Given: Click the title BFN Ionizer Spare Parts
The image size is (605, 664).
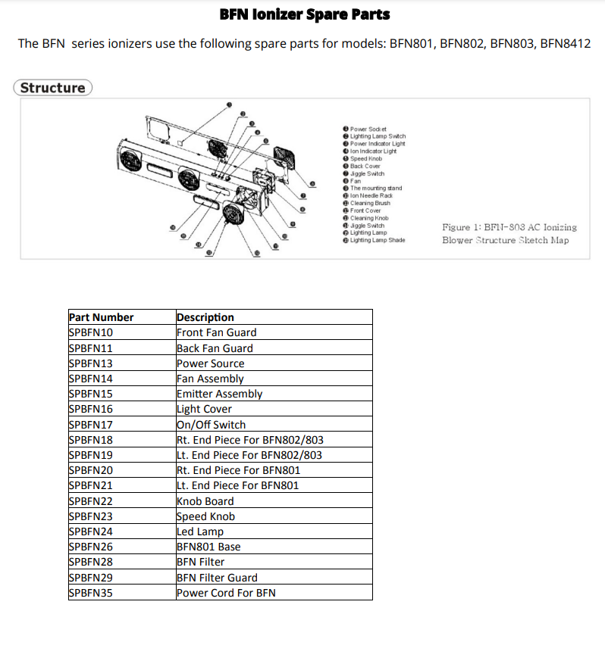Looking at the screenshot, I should click(x=304, y=14).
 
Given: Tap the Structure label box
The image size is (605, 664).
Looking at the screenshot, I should click(x=52, y=88).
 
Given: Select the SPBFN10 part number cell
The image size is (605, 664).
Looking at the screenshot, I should click(x=90, y=332).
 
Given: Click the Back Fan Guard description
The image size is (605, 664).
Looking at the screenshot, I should click(x=215, y=348).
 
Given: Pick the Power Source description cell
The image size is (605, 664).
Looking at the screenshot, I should click(x=210, y=363).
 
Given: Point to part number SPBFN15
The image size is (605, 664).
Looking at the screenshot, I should click(x=90, y=394).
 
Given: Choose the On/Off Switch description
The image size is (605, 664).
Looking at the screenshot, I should click(x=211, y=425).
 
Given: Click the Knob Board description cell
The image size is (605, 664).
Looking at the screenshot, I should click(x=205, y=501).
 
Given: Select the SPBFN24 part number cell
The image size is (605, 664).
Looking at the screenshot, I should click(x=90, y=532).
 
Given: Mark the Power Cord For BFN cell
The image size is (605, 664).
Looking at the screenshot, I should click(x=226, y=593).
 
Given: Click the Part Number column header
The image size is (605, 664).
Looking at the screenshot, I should click(x=101, y=317).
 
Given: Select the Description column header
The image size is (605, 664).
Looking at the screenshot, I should click(x=205, y=317).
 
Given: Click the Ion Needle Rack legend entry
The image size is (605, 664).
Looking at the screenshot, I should click(x=371, y=195).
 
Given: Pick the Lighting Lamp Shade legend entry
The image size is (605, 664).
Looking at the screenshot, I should click(x=377, y=240).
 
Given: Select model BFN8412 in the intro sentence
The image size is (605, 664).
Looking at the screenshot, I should click(x=565, y=44).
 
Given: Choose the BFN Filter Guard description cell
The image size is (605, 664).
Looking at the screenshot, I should click(x=217, y=578).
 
